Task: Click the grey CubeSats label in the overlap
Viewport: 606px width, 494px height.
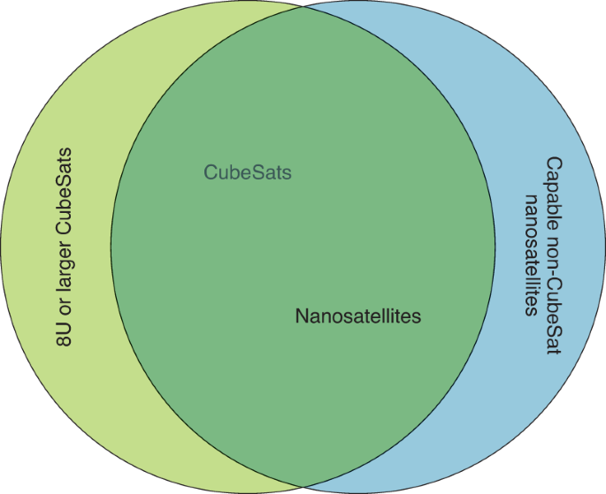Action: [x=248, y=172]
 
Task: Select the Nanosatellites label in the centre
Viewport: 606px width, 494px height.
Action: [x=357, y=315]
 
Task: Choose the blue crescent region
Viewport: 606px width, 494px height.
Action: [x=548, y=398]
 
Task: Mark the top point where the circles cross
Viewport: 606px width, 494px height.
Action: [x=303, y=6]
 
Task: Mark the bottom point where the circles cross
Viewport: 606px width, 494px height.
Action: [x=303, y=487]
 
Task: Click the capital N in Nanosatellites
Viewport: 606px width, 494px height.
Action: [x=302, y=315]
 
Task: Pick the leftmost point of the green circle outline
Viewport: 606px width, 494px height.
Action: [x=2, y=247]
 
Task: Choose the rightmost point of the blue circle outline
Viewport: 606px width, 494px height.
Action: [x=604, y=247]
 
